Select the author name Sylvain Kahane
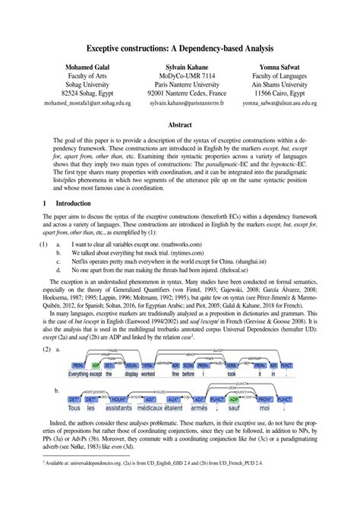point(180,67)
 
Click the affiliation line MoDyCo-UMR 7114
point(180,77)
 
